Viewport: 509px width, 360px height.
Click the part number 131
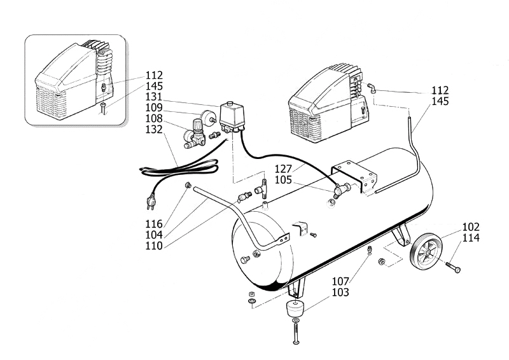[154, 97]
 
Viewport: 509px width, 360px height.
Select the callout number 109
[154, 107]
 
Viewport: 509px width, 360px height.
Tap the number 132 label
[154, 129]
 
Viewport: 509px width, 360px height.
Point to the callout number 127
[283, 169]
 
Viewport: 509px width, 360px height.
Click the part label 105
[283, 180]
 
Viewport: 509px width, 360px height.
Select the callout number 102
[471, 227]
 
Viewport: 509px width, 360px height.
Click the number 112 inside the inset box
[154, 75]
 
